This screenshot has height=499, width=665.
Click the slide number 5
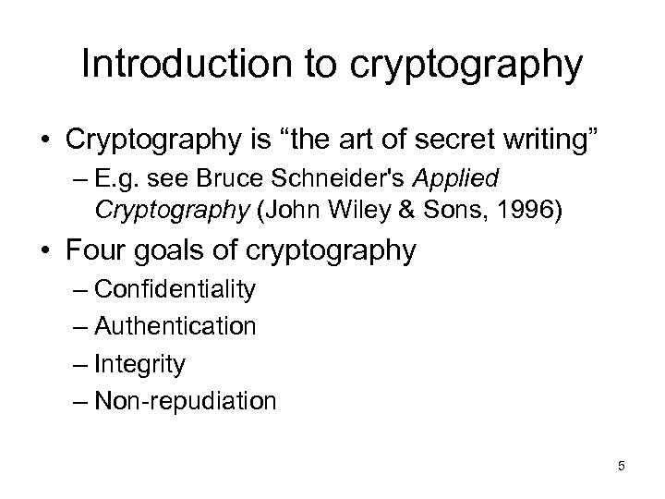[x=621, y=466]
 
